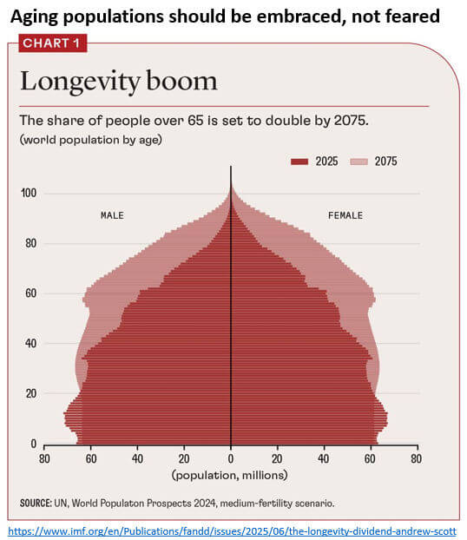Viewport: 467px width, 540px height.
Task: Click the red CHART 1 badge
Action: pyautogui.click(x=52, y=43)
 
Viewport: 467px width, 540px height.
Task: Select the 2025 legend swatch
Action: pyautogui.click(x=299, y=161)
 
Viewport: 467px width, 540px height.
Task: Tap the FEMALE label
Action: pyautogui.click(x=345, y=215)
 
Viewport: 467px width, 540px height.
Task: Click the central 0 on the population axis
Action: pyautogui.click(x=231, y=459)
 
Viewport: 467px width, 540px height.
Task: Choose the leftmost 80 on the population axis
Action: pyautogui.click(x=44, y=459)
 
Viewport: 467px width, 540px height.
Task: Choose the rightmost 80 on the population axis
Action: pyautogui.click(x=417, y=459)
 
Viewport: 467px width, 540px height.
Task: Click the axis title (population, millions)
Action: pyautogui.click(x=229, y=475)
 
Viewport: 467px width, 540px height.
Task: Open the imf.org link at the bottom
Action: pyautogui.click(x=232, y=528)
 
